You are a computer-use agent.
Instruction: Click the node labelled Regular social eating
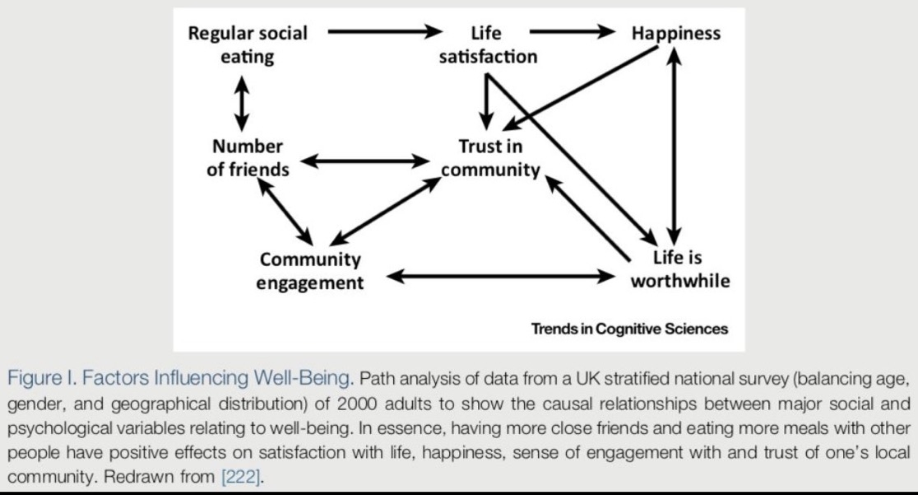pos(248,44)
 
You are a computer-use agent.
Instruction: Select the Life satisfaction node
pos(488,44)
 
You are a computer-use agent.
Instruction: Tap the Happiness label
pos(675,34)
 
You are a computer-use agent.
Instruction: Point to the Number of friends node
pos(248,157)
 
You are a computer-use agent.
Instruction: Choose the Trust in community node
pos(490,157)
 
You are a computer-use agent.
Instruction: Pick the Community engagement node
pos(310,270)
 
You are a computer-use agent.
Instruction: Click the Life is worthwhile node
pos(679,269)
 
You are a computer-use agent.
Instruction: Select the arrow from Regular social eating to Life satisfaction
pos(385,31)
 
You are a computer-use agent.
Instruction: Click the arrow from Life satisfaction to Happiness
pos(572,31)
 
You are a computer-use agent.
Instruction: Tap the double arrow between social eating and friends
pos(241,104)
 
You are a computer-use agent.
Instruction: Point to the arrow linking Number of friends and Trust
pos(365,161)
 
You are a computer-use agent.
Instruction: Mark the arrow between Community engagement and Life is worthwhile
pos(501,276)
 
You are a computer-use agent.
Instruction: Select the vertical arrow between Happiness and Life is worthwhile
pos(675,146)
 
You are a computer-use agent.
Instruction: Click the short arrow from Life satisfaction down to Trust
pos(486,100)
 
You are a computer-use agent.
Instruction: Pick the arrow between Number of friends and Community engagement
pos(285,212)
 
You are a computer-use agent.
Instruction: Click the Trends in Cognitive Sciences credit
pos(629,329)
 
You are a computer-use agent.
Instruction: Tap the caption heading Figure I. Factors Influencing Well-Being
pos(180,378)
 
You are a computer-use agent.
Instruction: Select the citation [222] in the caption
pos(241,477)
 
